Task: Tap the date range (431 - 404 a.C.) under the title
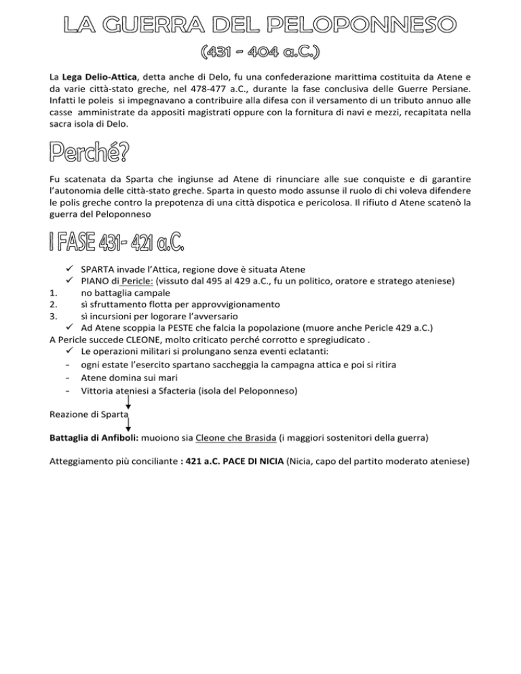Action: click(x=261, y=54)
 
